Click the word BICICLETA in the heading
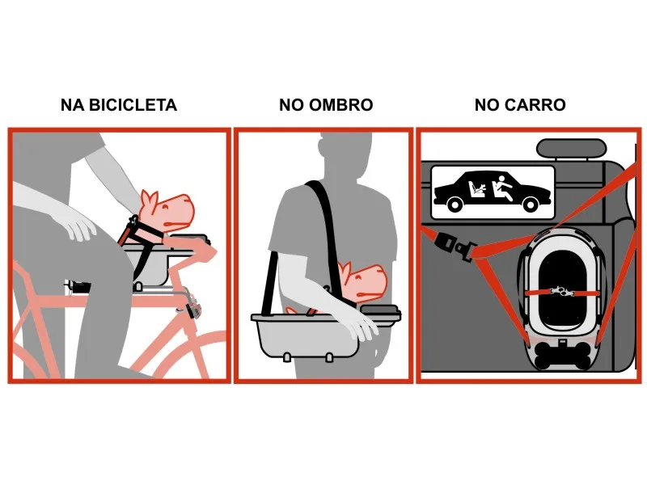133,105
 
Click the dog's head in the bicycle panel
167,211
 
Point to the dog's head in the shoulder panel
362,280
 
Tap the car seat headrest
571,149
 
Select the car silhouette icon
493,192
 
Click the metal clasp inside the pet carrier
562,292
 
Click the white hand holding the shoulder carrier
358,323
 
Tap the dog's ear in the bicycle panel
149,199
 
